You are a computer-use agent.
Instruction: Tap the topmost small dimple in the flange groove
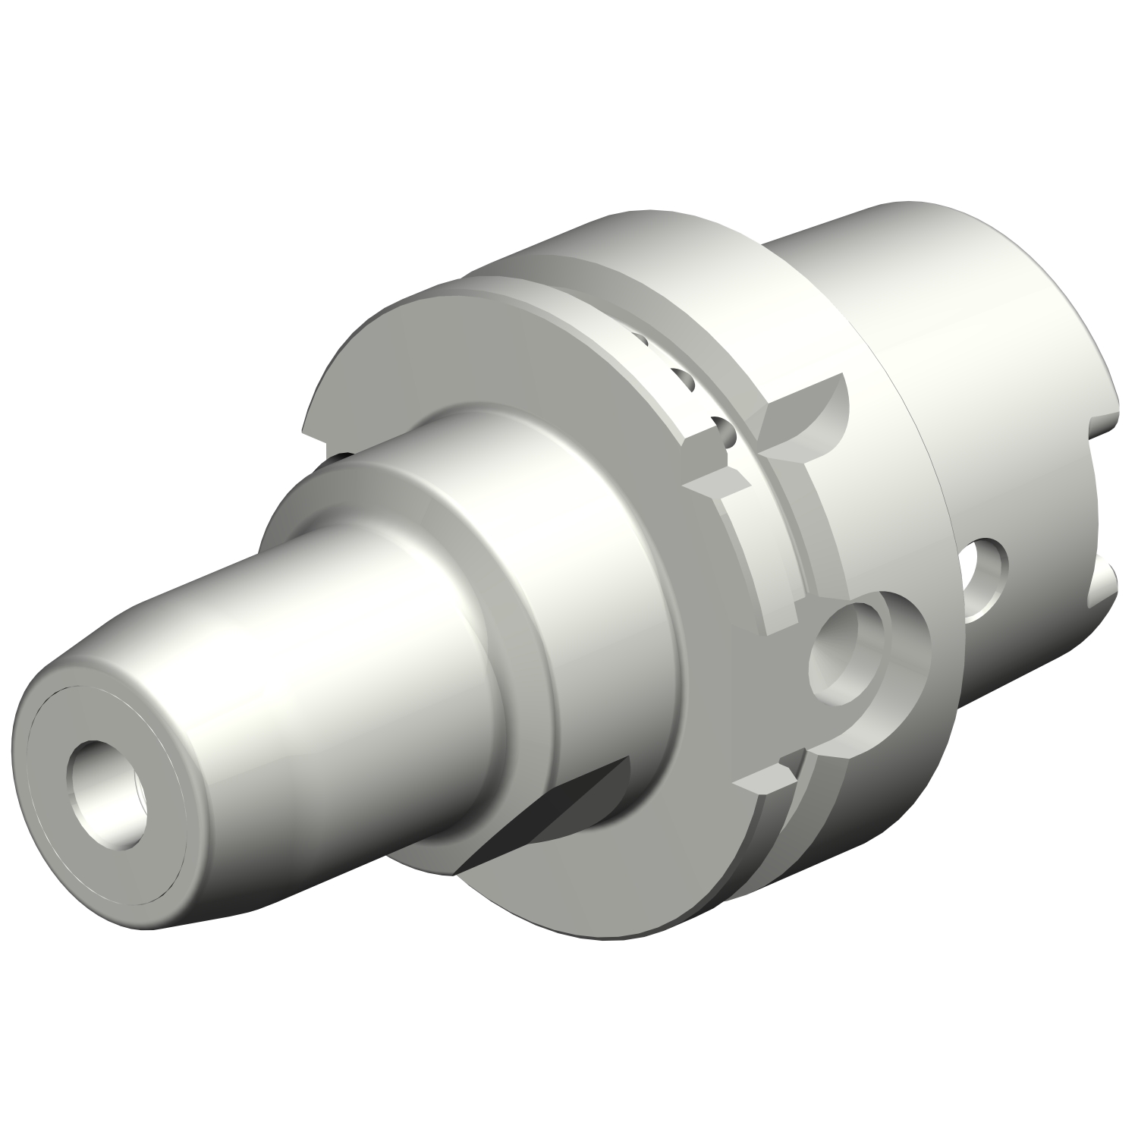click(641, 341)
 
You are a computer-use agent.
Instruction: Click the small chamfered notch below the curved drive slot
click(717, 482)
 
